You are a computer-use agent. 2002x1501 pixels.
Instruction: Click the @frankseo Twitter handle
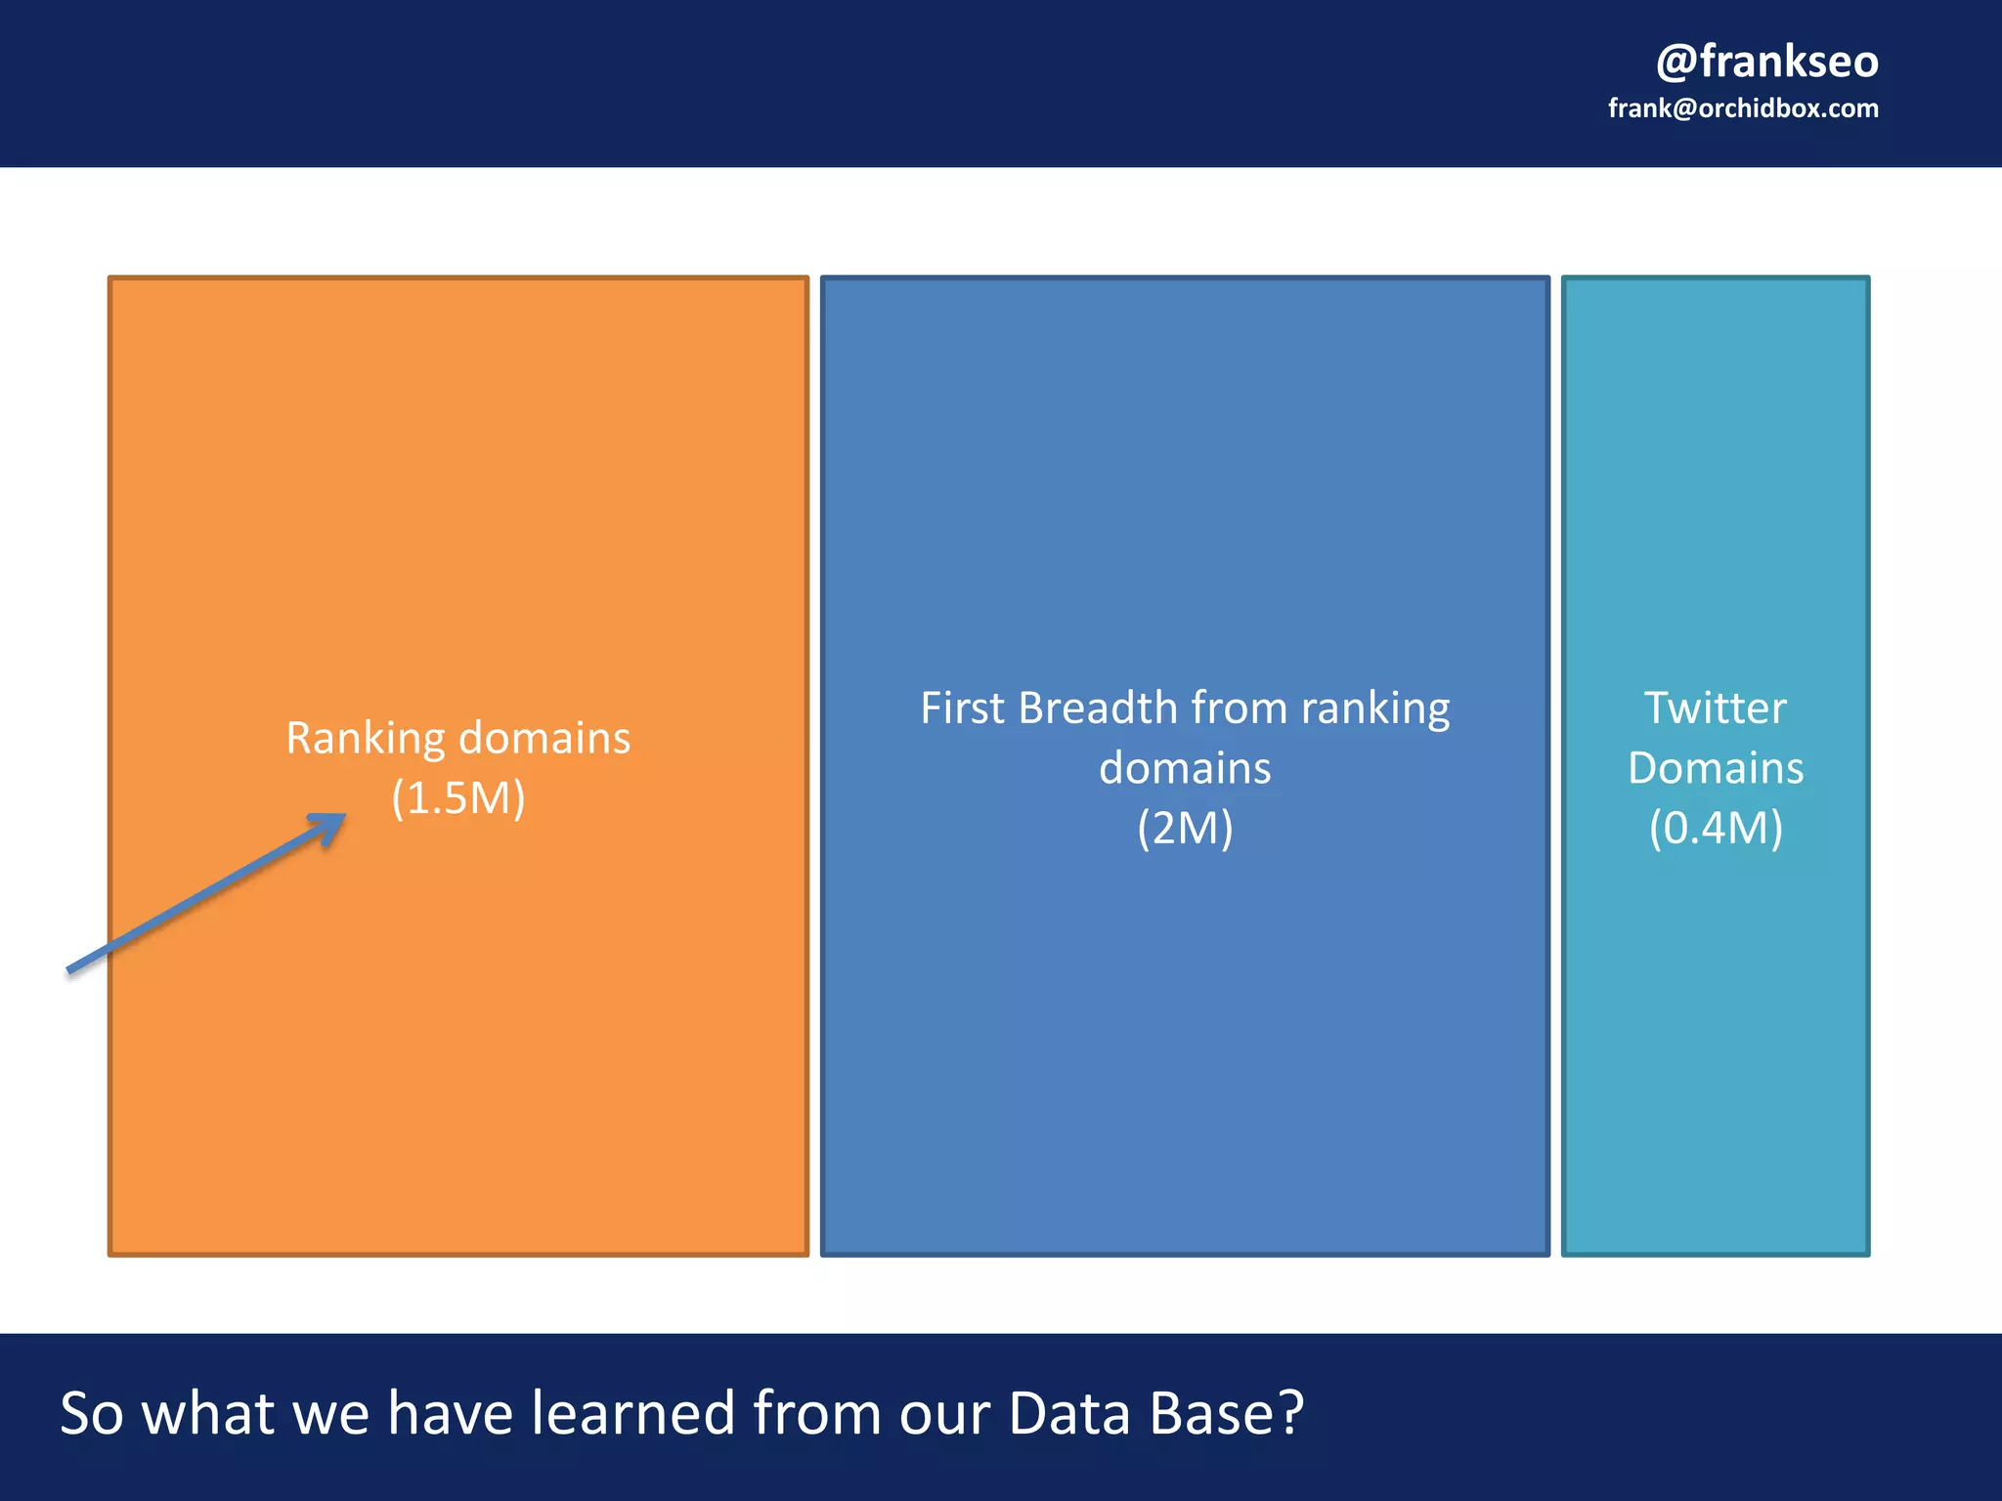point(1766,61)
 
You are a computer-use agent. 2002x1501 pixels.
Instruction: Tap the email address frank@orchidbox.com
point(1743,108)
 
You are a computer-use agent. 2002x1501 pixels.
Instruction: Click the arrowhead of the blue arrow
point(332,824)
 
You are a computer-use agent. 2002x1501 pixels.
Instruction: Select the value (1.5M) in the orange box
point(458,798)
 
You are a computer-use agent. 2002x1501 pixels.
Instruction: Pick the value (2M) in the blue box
point(1185,829)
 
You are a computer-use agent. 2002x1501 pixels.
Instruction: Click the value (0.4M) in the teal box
point(1716,829)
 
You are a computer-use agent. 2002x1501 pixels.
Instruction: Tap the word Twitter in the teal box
point(1716,708)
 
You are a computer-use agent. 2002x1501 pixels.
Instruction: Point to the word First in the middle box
point(962,708)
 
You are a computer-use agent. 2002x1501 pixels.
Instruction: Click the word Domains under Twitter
point(1716,768)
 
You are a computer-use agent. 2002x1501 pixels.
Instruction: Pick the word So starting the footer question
point(92,1413)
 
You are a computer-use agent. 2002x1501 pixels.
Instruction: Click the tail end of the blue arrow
point(70,969)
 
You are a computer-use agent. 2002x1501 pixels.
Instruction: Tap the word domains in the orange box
point(544,739)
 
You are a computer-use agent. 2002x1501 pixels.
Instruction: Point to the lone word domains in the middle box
point(1185,768)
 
